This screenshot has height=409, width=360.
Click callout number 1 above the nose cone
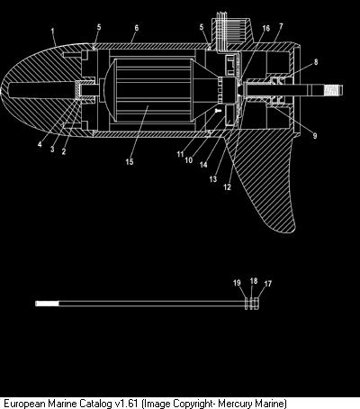point(53,31)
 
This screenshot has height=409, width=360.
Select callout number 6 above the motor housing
point(137,28)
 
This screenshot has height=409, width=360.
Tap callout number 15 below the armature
point(130,162)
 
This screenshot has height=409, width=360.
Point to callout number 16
point(266,28)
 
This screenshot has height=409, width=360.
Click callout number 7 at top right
point(281,26)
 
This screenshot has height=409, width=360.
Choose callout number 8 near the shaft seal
point(316,62)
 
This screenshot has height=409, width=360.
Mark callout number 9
point(315,136)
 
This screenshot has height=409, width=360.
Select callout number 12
point(228,187)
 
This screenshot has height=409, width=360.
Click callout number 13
point(213,179)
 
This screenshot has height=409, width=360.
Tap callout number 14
point(203,165)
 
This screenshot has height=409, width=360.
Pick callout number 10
point(189,160)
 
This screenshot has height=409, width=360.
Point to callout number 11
point(180,154)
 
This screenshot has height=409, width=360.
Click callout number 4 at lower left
point(40,144)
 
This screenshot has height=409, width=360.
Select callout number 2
point(64,151)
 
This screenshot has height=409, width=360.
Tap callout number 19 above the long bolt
point(237,283)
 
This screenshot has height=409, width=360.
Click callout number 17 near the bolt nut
point(268,284)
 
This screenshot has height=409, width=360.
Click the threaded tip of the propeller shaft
point(334,90)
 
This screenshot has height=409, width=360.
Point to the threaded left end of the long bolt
point(48,304)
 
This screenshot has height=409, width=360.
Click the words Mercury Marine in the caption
point(252,403)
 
